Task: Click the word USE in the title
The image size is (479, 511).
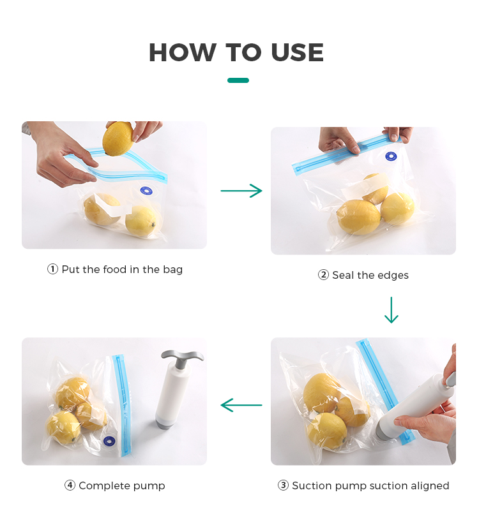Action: [297, 52]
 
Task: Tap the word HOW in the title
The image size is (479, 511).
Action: [183, 52]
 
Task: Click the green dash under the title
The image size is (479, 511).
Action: [238, 80]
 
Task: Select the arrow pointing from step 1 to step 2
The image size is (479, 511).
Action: [241, 191]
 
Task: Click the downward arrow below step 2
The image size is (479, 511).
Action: [392, 309]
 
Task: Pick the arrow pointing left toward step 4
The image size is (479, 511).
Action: [241, 405]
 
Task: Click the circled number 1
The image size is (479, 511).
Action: [52, 269]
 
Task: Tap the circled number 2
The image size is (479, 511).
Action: [323, 275]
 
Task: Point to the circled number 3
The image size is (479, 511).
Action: [283, 485]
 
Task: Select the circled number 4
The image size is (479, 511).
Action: [70, 485]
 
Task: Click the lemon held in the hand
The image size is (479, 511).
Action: [118, 139]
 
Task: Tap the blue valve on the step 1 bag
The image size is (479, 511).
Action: [146, 191]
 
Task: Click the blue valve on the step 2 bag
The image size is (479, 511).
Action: [391, 157]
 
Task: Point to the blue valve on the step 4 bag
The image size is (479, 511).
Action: [109, 441]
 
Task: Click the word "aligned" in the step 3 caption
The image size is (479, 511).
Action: [430, 485]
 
